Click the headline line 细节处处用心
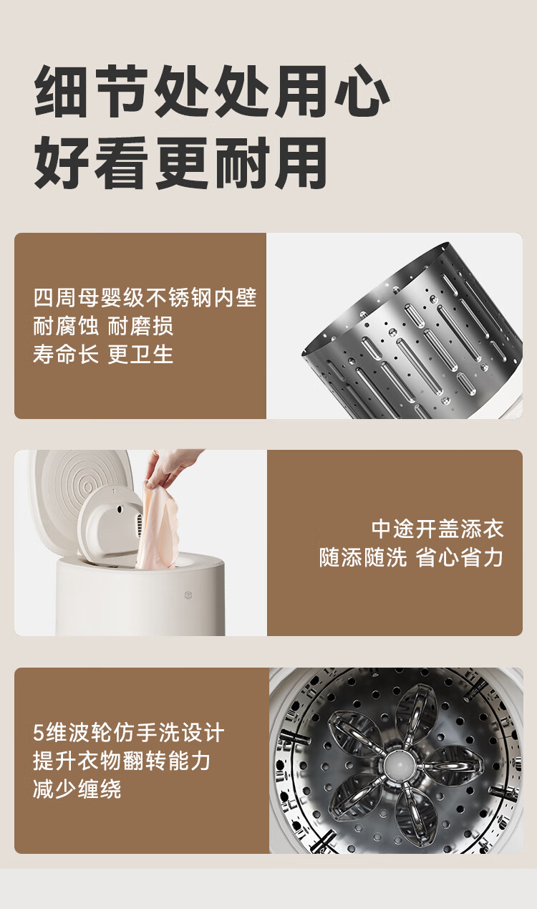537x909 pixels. click(x=211, y=91)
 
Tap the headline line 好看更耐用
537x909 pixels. click(x=180, y=163)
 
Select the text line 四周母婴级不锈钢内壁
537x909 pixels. click(x=145, y=297)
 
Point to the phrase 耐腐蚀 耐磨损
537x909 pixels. click(x=103, y=326)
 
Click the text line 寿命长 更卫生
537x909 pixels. click(x=103, y=355)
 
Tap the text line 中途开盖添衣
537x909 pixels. click(x=437, y=529)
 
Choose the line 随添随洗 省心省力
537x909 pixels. click(x=411, y=557)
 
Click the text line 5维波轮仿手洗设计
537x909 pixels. click(x=129, y=733)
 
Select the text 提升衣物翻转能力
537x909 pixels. click(x=122, y=761)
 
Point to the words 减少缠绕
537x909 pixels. click(x=77, y=789)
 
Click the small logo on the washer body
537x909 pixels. click(x=188, y=595)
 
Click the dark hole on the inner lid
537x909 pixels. click(x=120, y=509)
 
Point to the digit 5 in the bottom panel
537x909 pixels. click(x=39, y=733)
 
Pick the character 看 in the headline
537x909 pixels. click(x=121, y=163)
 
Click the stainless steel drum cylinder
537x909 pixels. click(x=412, y=331)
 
